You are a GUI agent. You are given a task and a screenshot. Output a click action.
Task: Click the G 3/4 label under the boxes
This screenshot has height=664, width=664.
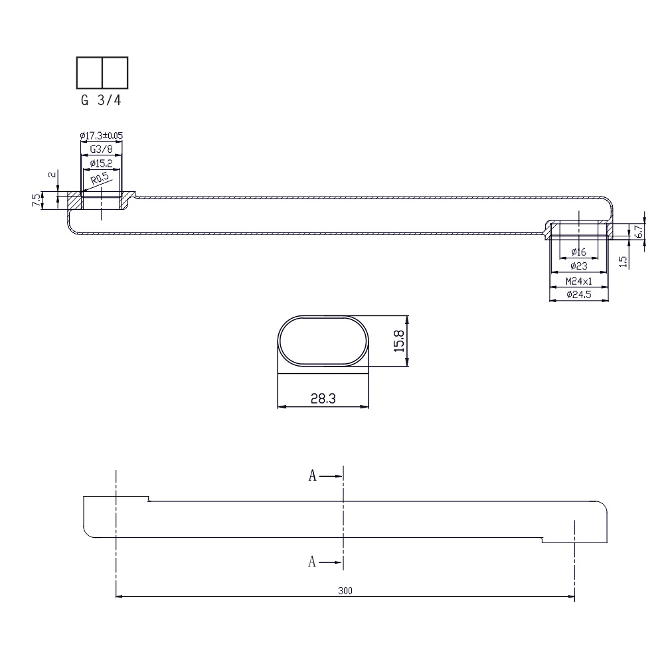point(101,100)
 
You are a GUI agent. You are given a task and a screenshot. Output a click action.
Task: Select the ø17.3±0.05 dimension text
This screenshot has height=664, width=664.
point(101,135)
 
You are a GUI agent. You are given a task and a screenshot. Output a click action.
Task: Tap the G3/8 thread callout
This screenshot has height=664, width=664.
point(101,149)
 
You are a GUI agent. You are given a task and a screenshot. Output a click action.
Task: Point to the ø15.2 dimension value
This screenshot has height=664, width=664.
point(101,163)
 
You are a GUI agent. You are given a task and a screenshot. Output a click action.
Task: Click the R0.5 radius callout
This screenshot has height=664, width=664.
point(100,179)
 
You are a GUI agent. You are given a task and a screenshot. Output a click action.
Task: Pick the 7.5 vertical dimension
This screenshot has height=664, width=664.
point(37,200)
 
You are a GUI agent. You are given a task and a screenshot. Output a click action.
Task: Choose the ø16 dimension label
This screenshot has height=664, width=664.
point(578,252)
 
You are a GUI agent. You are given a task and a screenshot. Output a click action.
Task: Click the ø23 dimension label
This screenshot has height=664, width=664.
point(578,266)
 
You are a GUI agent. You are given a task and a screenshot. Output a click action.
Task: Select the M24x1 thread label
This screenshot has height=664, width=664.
point(578,281)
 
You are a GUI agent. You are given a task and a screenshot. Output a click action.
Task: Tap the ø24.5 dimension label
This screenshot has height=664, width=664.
point(578,295)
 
